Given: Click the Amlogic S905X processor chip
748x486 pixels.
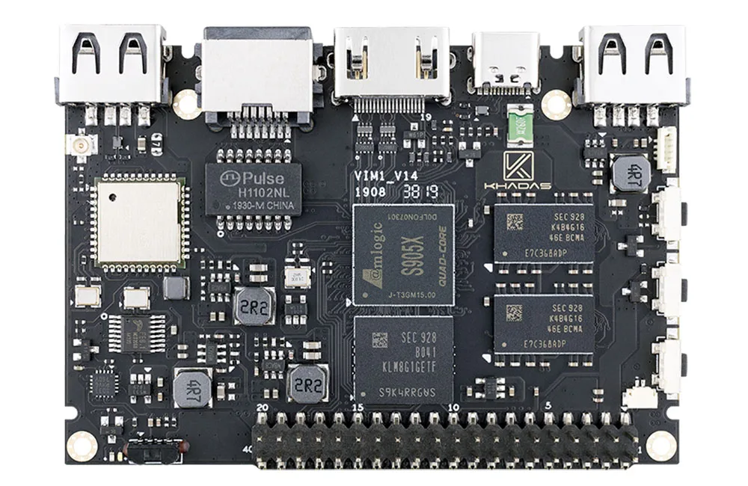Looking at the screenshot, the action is [x=404, y=254].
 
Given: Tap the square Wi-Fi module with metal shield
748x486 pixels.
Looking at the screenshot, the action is [x=141, y=221].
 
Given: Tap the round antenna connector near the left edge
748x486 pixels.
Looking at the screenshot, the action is [x=78, y=143].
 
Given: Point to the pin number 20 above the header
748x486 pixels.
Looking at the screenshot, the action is [x=262, y=407].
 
